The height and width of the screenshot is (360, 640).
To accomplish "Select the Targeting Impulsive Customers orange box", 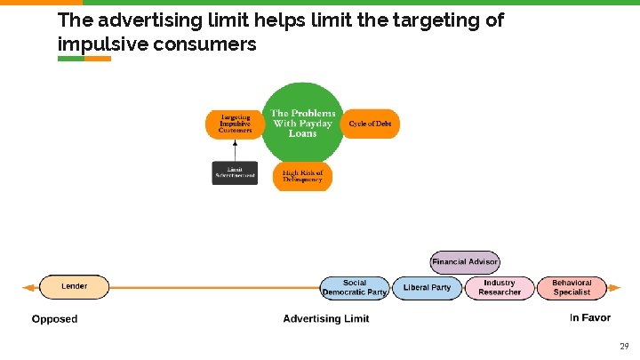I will [x=236, y=124].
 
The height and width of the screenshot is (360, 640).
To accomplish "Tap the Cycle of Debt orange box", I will [x=370, y=124].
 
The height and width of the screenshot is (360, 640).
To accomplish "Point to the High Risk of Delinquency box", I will [x=302, y=176].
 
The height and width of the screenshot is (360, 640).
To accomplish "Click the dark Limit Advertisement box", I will [x=235, y=172].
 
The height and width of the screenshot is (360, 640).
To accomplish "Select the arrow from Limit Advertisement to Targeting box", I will [x=235, y=149].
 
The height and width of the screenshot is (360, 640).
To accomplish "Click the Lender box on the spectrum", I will [x=74, y=287].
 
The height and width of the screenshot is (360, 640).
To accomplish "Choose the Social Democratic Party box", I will [x=355, y=288].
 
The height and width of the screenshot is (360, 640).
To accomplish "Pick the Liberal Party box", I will [x=428, y=288].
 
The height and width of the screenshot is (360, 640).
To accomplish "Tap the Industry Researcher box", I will [x=500, y=288].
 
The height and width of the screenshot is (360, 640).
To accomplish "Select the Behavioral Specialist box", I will [x=572, y=288].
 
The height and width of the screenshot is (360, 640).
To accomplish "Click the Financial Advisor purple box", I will [x=465, y=262].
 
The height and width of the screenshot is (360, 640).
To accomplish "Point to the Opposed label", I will [x=54, y=319].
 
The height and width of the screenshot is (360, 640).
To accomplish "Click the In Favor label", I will [x=590, y=318].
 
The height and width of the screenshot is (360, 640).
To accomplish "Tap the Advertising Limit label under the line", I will [x=325, y=319].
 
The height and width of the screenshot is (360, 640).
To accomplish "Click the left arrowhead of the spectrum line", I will [x=28, y=287].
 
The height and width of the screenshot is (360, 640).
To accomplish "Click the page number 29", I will [x=623, y=346].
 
